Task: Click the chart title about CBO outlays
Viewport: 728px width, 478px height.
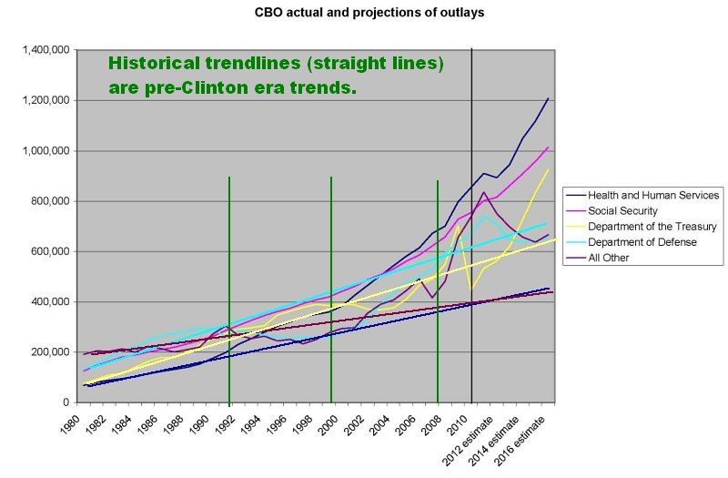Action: [369, 12]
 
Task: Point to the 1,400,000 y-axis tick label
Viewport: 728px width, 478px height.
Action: [46, 50]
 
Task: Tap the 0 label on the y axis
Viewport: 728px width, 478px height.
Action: [66, 402]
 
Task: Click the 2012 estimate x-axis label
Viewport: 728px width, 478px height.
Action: [467, 442]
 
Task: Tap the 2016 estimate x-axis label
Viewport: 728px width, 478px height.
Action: [519, 442]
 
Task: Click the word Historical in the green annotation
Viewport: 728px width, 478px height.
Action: [154, 63]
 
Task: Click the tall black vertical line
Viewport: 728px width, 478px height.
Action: [471, 226]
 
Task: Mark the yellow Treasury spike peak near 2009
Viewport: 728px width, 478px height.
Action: [459, 225]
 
